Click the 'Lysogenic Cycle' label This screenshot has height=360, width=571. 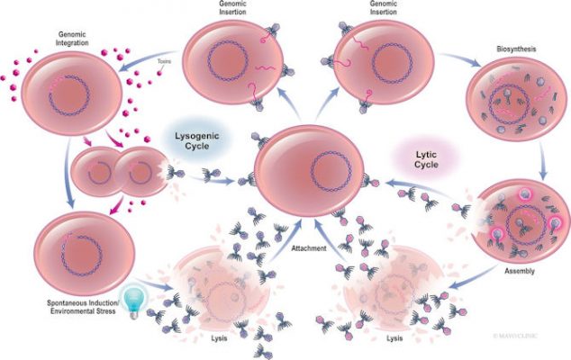click(191, 142)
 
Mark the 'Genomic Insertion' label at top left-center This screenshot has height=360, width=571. click(232, 11)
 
